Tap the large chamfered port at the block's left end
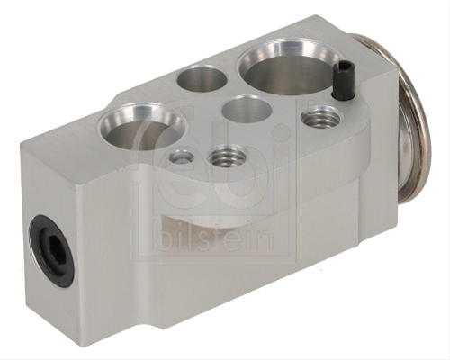point(141,125)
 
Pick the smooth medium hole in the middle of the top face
point(246,109)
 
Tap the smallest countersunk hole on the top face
point(181,156)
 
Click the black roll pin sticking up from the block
point(342,79)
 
